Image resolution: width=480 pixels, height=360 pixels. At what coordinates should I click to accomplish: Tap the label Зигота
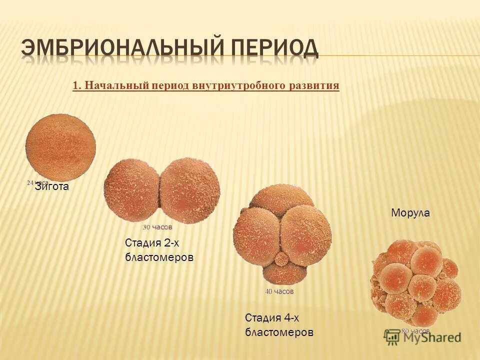[x=51, y=187]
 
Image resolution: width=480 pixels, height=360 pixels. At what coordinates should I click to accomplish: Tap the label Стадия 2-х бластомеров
[x=158, y=250]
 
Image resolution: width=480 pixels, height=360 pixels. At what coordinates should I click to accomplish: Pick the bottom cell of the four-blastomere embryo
[x=282, y=272]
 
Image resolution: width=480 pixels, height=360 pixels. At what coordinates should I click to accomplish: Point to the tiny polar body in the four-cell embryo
[x=282, y=258]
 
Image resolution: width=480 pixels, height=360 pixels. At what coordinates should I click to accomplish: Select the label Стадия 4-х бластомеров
[x=279, y=324]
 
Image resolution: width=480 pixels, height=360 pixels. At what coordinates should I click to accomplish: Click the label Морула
[x=409, y=213]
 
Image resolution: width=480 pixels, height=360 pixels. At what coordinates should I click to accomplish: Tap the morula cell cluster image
[x=415, y=282]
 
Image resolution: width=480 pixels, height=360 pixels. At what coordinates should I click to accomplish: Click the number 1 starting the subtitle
[x=75, y=85]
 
